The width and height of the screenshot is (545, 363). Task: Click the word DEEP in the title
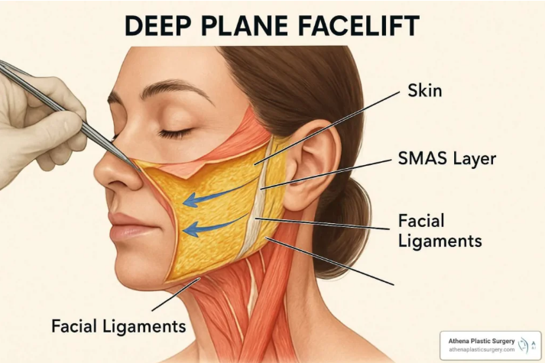(x=157, y=26)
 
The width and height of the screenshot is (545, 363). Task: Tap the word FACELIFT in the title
(x=358, y=26)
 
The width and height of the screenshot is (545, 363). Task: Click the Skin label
(x=425, y=91)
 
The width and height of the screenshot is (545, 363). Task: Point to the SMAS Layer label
(x=447, y=158)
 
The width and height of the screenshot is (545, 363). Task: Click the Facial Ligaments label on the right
(x=440, y=231)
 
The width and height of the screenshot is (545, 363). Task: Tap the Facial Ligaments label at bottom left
(x=118, y=326)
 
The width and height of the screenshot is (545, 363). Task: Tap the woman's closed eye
(x=175, y=133)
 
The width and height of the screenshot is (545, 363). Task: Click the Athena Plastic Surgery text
(x=482, y=341)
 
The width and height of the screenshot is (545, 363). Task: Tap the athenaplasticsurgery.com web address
(x=482, y=349)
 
